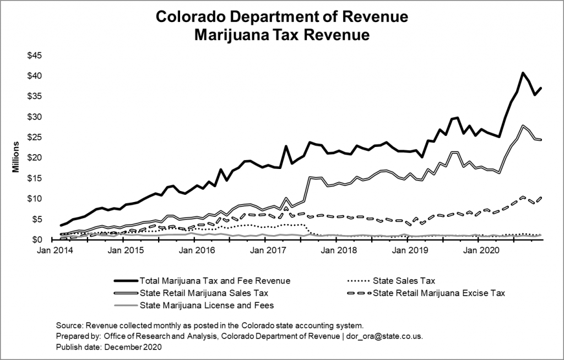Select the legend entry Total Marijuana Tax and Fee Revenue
pyautogui.click(x=214, y=280)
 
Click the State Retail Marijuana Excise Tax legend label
pyautogui.click(x=438, y=292)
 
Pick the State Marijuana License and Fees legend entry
pyautogui.click(x=207, y=304)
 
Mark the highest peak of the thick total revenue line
pyautogui.click(x=523, y=73)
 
